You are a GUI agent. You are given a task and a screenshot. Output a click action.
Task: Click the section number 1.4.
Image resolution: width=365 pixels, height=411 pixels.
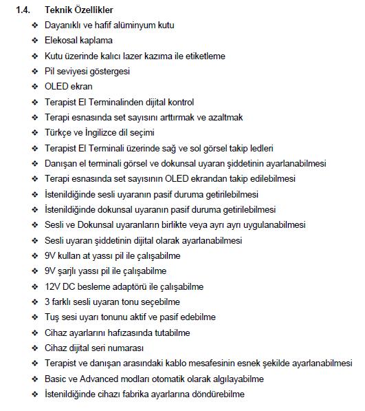23,10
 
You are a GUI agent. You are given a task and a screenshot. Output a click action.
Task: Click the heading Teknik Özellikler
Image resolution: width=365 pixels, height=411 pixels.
79,10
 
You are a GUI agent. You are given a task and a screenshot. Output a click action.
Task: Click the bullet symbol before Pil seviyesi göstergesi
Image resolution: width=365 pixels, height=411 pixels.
34,71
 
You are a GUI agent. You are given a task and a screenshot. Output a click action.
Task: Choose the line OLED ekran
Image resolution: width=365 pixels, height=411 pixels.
68,87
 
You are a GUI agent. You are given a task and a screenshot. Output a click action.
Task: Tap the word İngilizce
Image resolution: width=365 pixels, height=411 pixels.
102,132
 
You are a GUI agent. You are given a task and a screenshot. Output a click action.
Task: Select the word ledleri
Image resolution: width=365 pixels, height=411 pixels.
260,148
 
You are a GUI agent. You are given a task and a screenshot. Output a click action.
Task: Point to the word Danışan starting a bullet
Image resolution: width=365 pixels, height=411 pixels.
60,163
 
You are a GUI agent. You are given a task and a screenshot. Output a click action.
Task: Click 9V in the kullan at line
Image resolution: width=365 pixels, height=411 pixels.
50,255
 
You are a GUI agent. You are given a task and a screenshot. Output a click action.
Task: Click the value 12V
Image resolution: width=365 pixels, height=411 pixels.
52,286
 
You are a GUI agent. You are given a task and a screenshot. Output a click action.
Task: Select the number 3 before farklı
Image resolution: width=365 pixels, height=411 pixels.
47,302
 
